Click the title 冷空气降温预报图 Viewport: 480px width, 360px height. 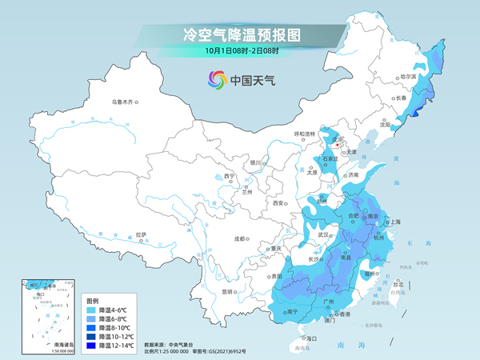point(241,34)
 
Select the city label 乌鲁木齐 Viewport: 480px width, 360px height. point(125,102)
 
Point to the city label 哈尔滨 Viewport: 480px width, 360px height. point(408,78)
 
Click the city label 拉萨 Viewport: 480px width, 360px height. point(142,234)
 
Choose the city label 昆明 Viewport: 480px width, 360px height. point(230,291)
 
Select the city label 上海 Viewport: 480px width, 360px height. point(394,222)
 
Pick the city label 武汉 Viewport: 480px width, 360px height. point(323,235)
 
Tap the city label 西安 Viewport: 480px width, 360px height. point(278,204)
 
